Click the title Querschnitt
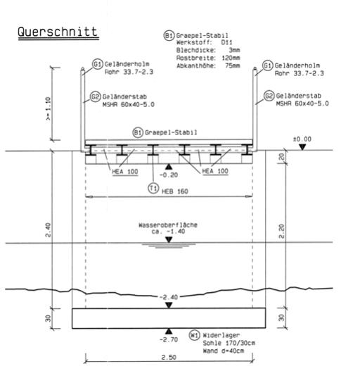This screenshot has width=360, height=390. click(x=58, y=32)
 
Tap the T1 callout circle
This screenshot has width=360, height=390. click(x=153, y=188)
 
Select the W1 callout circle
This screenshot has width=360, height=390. click(x=194, y=335)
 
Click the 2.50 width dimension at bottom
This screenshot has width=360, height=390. click(x=169, y=357)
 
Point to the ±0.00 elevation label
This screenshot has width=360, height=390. click(x=302, y=139)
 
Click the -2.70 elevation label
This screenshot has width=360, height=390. click(x=169, y=339)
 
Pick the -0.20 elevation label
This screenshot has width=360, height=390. click(x=169, y=175)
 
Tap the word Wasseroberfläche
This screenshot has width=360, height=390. click(x=168, y=225)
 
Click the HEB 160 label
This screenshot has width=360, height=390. click(x=175, y=191)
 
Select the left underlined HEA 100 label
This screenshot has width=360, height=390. click(x=125, y=172)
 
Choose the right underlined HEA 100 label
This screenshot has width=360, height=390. click(x=215, y=171)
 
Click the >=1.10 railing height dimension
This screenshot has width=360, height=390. click(x=48, y=108)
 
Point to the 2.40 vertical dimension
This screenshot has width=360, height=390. click(x=48, y=229)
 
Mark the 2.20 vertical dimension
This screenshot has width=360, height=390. click(x=281, y=232)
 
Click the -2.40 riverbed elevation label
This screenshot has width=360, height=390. click(x=169, y=297)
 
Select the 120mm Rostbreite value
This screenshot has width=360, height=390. click(x=231, y=58)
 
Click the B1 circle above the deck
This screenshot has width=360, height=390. click(x=138, y=132)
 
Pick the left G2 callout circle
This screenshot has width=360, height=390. click(x=95, y=96)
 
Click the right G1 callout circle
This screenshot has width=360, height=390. click(x=267, y=65)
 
